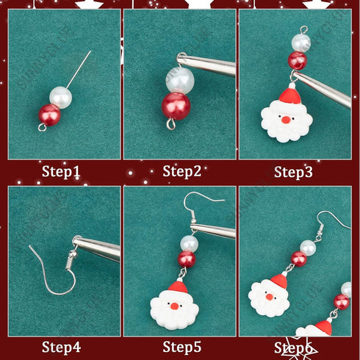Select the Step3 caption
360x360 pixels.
[295, 172]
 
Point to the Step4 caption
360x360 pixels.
[62, 346]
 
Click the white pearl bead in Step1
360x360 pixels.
[60, 96]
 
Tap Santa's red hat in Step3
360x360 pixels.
[292, 95]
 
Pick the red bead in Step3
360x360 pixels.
[297, 60]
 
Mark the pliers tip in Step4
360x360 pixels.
[79, 243]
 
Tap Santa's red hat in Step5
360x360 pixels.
[177, 288]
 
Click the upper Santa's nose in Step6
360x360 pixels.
[268, 297]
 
